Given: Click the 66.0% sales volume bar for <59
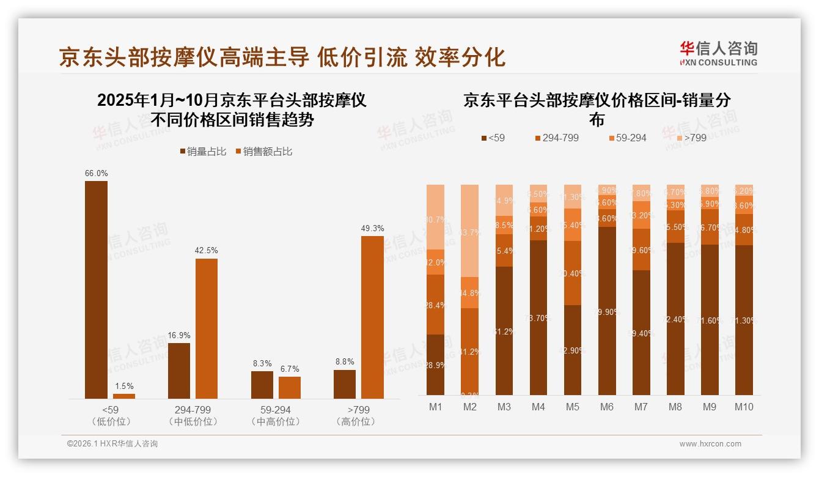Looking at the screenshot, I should click(x=96, y=290).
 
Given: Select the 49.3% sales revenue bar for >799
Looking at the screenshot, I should click(x=372, y=317).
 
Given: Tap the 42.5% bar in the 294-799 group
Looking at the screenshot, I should click(x=207, y=328).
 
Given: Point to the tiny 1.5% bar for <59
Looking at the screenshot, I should click(x=124, y=396).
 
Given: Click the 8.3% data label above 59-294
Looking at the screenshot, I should click(x=262, y=363).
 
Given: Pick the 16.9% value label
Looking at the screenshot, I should click(x=179, y=335).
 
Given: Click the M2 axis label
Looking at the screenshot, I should click(x=469, y=407).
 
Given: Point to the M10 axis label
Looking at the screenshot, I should click(x=743, y=407).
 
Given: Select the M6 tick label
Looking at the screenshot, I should click(x=606, y=407).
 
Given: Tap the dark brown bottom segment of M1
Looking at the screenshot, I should click(x=435, y=364).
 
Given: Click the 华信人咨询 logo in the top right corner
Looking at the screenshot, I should click(x=718, y=54).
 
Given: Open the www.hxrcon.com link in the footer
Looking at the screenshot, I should click(x=710, y=444).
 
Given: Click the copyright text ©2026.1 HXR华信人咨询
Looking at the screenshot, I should click(x=112, y=444).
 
